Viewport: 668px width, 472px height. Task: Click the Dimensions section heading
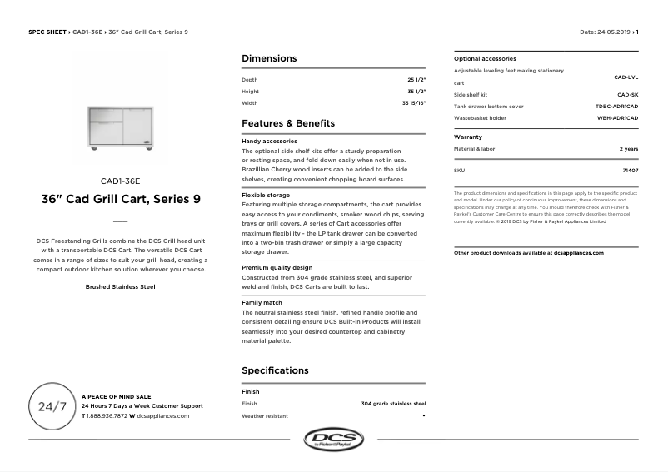click(268, 59)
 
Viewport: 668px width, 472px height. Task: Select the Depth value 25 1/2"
click(416, 80)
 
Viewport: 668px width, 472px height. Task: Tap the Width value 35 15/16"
click(413, 103)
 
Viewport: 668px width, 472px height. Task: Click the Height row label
click(250, 92)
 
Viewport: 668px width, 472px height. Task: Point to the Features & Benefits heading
click(287, 123)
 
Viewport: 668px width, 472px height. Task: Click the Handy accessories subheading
click(269, 142)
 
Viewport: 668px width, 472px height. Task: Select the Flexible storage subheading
click(266, 195)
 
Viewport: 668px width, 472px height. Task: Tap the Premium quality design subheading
click(277, 267)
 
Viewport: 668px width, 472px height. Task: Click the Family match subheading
click(262, 302)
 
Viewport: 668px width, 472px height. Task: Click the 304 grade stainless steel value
click(393, 404)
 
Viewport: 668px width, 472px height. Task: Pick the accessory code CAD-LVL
click(626, 77)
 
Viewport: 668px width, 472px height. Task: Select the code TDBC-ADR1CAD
click(616, 107)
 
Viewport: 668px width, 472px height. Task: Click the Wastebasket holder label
click(480, 118)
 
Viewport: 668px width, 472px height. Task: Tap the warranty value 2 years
click(628, 148)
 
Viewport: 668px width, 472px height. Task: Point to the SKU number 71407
click(630, 170)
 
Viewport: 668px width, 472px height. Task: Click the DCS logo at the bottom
click(333, 439)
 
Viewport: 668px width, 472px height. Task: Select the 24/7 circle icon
click(52, 407)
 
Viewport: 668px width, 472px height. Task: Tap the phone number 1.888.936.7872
click(107, 415)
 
